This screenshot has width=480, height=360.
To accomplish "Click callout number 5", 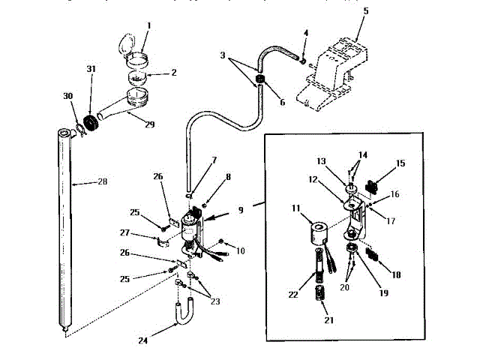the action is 366,12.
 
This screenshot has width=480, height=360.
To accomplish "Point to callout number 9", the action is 241,211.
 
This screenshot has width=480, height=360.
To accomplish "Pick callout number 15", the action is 400,163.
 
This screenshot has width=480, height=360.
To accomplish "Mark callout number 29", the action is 148,124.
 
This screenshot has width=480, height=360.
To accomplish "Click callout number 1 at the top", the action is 148,25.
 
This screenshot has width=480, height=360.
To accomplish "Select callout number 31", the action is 91,69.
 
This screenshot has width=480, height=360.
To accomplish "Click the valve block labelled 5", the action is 334,72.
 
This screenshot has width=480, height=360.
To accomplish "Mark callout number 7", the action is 214,160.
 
